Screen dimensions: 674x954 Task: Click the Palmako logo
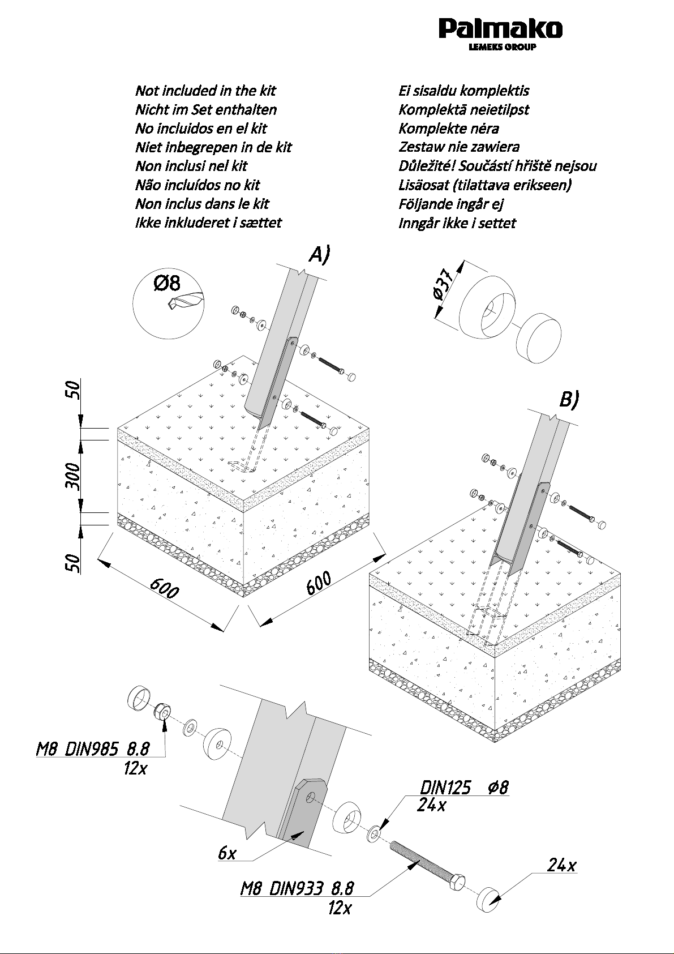tap(501, 33)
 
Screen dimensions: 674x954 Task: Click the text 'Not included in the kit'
tap(205, 91)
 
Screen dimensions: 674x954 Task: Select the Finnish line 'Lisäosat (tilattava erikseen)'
tap(485, 185)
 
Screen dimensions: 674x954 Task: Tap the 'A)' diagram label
tap(319, 255)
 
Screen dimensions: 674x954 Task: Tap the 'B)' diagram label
tap(569, 400)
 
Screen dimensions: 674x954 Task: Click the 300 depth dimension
tap(73, 476)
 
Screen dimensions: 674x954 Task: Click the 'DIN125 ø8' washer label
tap(464, 788)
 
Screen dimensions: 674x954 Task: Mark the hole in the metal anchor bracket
tap(312, 796)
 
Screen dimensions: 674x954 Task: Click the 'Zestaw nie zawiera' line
tap(459, 147)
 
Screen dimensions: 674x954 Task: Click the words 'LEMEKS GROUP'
tap(503, 47)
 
